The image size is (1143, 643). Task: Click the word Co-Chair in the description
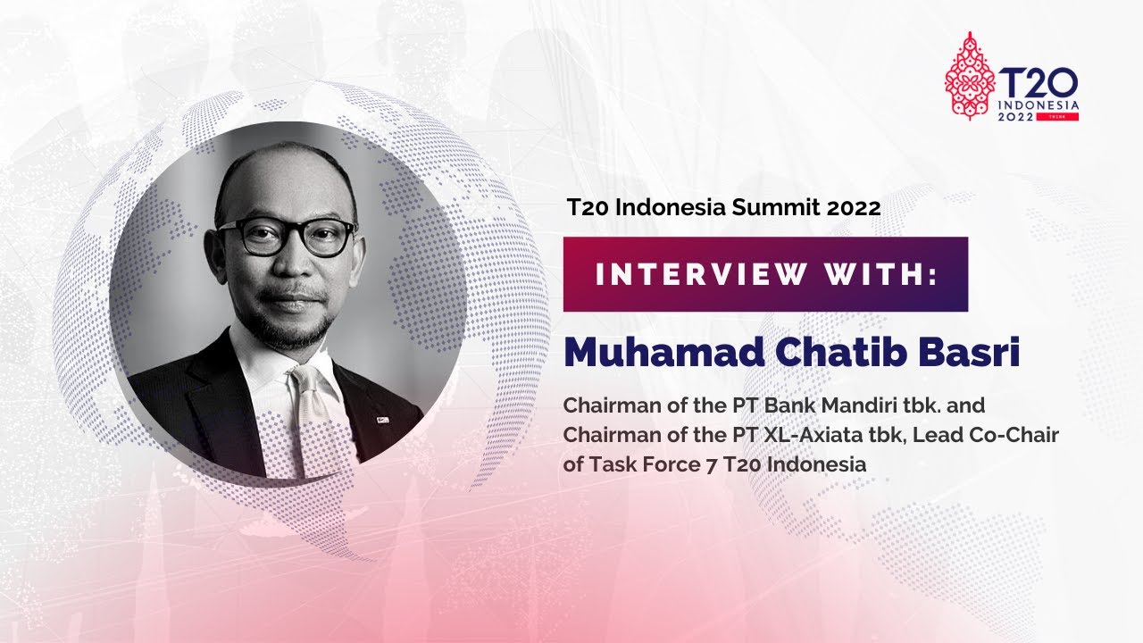pyautogui.click(x=1021, y=435)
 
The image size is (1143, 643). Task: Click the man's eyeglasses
pyautogui.click(x=288, y=236)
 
